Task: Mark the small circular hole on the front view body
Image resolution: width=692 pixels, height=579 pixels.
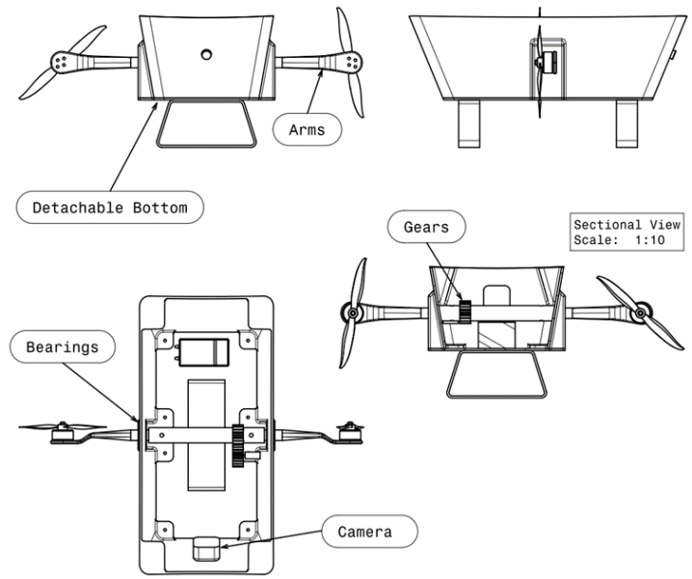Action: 205,54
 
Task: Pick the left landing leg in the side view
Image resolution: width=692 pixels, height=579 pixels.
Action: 467,123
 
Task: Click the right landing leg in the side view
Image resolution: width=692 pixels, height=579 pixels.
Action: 629,123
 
